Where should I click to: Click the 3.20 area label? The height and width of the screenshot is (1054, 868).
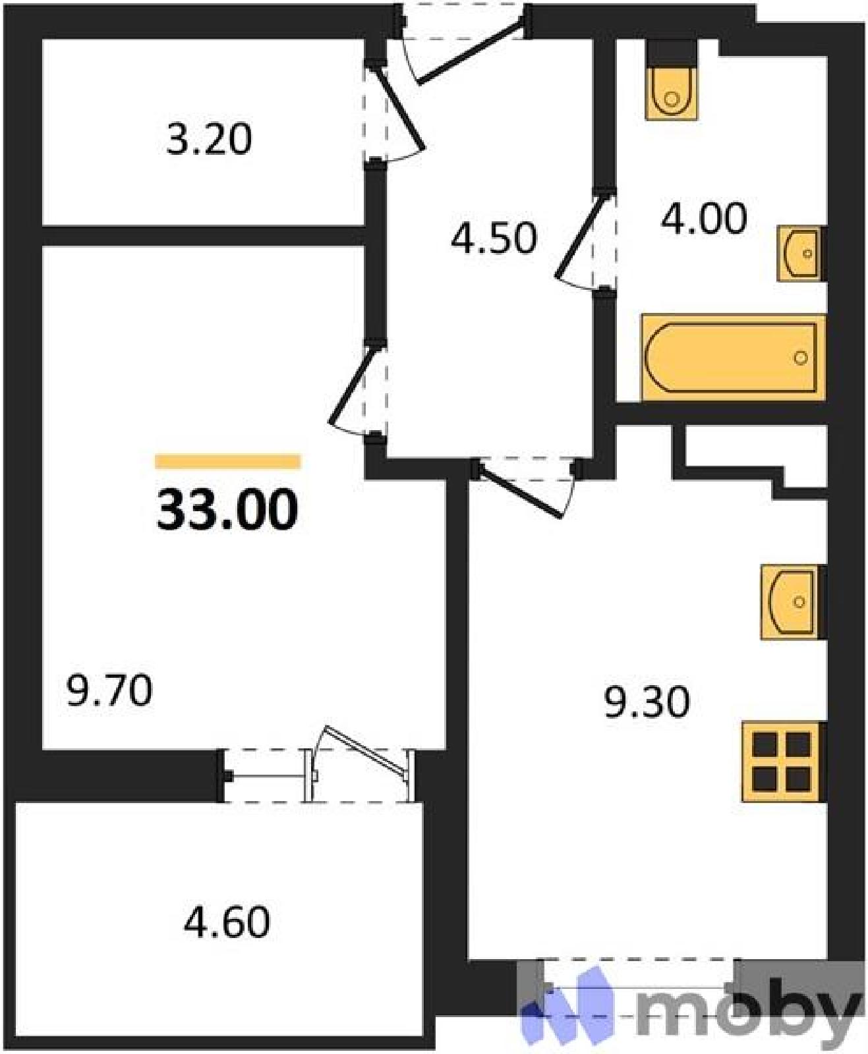pos(209,140)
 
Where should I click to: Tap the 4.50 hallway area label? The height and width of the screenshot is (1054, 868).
pos(494,238)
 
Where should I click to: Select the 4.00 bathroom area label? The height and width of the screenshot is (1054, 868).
pos(704,219)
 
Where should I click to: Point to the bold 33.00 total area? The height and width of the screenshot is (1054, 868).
pos(227,509)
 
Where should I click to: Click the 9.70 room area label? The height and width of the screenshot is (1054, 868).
pos(109,690)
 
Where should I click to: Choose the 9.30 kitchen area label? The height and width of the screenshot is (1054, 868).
pos(647,702)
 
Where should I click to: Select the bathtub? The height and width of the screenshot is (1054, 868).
pos(733,358)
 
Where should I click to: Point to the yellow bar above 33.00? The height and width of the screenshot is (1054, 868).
pos(228,461)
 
